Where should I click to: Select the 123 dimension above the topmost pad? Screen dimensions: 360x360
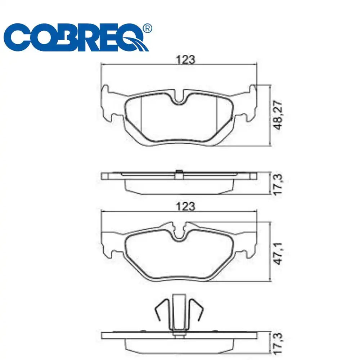pos(185,60)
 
